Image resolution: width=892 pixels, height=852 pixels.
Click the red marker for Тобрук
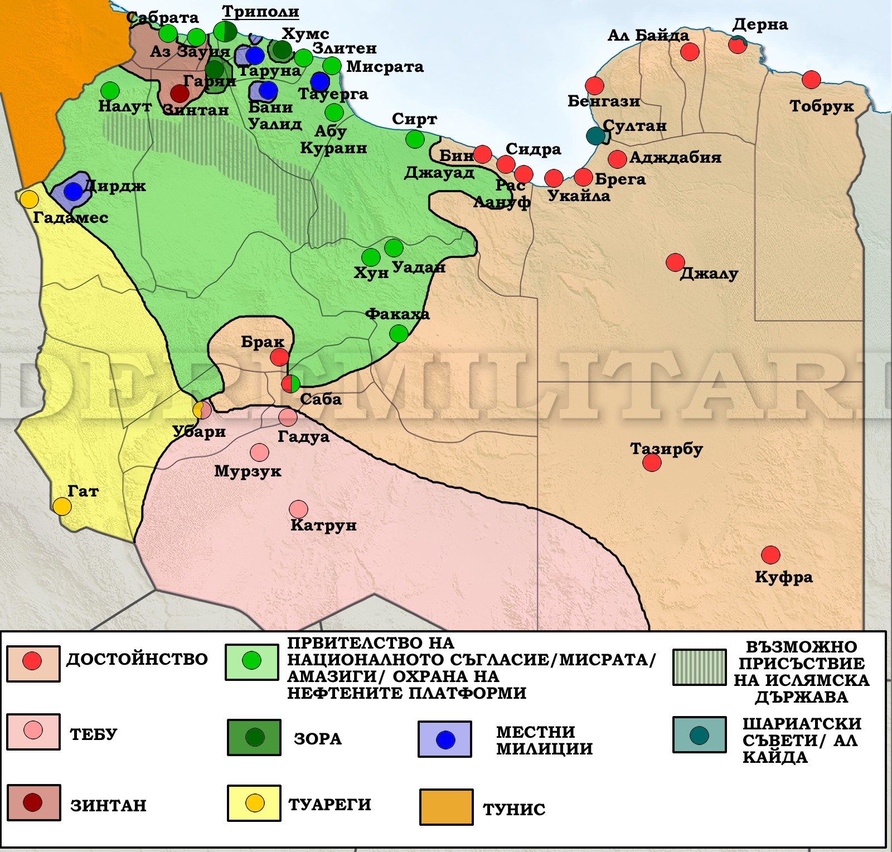pyautogui.click(x=811, y=80)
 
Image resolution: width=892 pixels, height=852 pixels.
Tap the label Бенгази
pyautogui.click(x=603, y=101)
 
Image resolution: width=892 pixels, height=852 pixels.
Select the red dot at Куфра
pyautogui.click(x=770, y=554)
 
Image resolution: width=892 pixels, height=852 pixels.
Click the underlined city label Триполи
pyautogui.click(x=260, y=12)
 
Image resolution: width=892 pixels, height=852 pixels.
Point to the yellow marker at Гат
pyautogui.click(x=62, y=506)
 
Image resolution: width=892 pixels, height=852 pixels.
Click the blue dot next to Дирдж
pyautogui.click(x=73, y=191)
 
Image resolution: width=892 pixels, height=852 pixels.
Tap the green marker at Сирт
pyautogui.click(x=415, y=139)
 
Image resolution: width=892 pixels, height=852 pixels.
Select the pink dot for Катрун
pyautogui.click(x=298, y=509)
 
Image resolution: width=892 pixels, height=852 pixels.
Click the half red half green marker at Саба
pyautogui.click(x=290, y=383)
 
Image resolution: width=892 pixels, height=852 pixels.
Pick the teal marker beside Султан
pyautogui.click(x=595, y=135)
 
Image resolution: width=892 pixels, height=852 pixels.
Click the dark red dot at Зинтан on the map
pyautogui.click(x=180, y=94)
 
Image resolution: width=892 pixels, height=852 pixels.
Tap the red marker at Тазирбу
pyautogui.click(x=652, y=462)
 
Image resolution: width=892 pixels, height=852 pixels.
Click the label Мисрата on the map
pyautogui.click(x=385, y=67)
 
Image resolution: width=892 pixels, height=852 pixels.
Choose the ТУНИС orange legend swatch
pyautogui.click(x=446, y=806)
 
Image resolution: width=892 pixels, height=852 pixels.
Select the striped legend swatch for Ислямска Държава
pyautogui.click(x=699, y=667)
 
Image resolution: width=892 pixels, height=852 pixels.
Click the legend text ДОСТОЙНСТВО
pyautogui.click(x=137, y=659)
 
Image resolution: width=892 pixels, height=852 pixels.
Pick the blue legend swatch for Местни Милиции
pyautogui.click(x=445, y=739)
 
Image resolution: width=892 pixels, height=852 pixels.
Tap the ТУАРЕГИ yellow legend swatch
pyautogui.click(x=254, y=803)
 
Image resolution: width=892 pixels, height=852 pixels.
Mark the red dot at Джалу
pyautogui.click(x=675, y=262)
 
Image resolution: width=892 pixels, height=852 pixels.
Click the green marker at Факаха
pyautogui.click(x=399, y=334)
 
